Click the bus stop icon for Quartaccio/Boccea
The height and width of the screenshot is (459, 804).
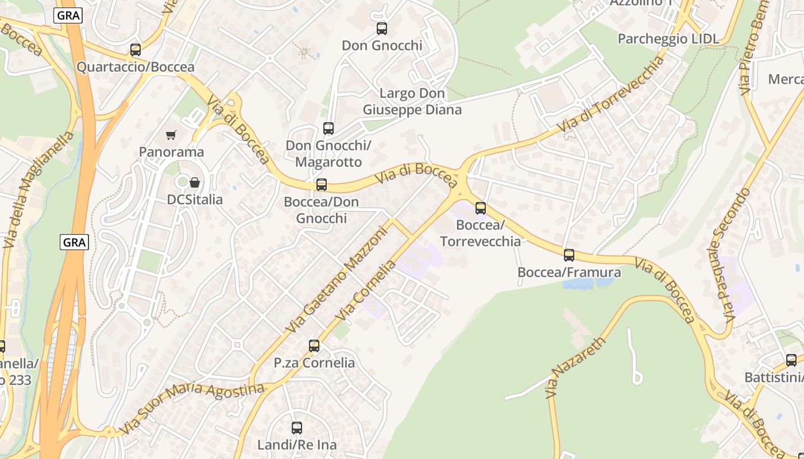coord(136,50)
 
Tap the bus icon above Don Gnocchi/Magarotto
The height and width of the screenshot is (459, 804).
coord(328,129)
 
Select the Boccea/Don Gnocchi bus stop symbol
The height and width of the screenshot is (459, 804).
coord(322,185)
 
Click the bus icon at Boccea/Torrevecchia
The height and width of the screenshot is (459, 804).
coord(481,208)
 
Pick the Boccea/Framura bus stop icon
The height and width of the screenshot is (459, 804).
coord(569,255)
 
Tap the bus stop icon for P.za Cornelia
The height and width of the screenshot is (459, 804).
coord(314,346)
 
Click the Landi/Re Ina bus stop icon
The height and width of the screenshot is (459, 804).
coord(297,428)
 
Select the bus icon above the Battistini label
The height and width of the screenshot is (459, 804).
coord(791,360)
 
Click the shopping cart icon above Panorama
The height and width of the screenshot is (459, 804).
coord(171,135)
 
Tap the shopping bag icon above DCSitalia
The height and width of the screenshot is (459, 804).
coord(195,183)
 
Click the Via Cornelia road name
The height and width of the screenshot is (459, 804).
coord(366,290)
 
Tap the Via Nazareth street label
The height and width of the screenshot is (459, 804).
coord(575,368)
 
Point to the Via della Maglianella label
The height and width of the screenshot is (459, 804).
coord(38,189)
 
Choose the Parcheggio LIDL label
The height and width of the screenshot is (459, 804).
coord(668,38)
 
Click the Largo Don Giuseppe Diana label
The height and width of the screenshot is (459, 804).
coord(412,101)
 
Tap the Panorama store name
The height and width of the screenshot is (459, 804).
coord(171,152)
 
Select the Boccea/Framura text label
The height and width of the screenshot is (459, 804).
coord(569,272)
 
